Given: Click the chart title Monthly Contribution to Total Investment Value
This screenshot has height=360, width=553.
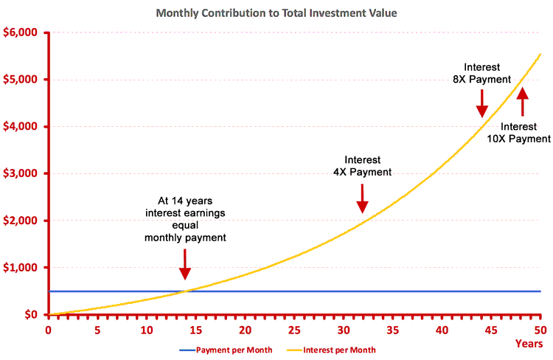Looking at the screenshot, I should point(276,13).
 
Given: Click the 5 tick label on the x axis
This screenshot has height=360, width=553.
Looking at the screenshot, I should point(97,330).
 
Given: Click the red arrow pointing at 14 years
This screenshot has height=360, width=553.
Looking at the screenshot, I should point(184,262).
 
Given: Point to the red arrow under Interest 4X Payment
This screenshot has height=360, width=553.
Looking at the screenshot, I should point(362,198).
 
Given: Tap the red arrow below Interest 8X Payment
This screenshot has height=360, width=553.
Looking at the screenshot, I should point(482,103).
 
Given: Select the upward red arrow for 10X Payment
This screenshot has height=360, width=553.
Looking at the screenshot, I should point(523,102).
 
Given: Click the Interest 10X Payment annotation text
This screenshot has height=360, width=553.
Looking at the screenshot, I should point(524,132).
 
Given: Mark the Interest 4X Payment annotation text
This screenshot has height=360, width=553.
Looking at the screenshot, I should point(363,166).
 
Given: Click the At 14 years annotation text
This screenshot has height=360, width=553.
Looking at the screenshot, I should point(184,218).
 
